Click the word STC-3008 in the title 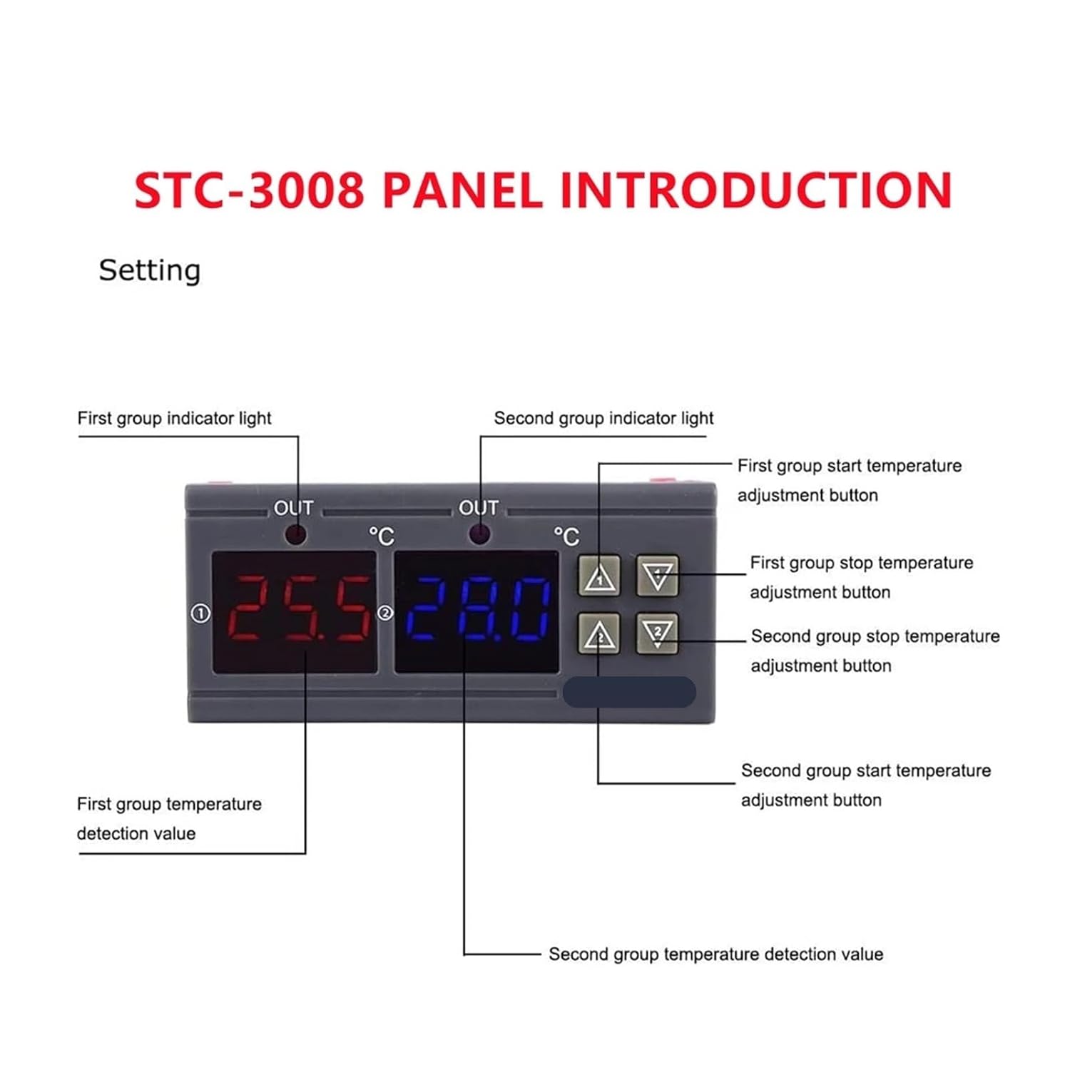click(x=249, y=190)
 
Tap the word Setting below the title click(x=150, y=270)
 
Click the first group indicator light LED click(x=295, y=534)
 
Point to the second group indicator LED click(x=479, y=534)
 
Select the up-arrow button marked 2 click(x=599, y=634)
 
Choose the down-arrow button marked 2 click(x=657, y=633)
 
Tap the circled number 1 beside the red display click(x=200, y=613)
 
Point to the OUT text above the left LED click(x=294, y=509)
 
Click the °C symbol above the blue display click(x=566, y=536)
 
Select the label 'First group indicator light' click(x=174, y=418)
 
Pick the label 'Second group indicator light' click(x=603, y=418)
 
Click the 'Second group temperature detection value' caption click(x=715, y=954)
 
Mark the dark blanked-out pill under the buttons click(x=629, y=692)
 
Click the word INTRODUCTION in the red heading click(x=755, y=190)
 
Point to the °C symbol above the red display click(x=382, y=536)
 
